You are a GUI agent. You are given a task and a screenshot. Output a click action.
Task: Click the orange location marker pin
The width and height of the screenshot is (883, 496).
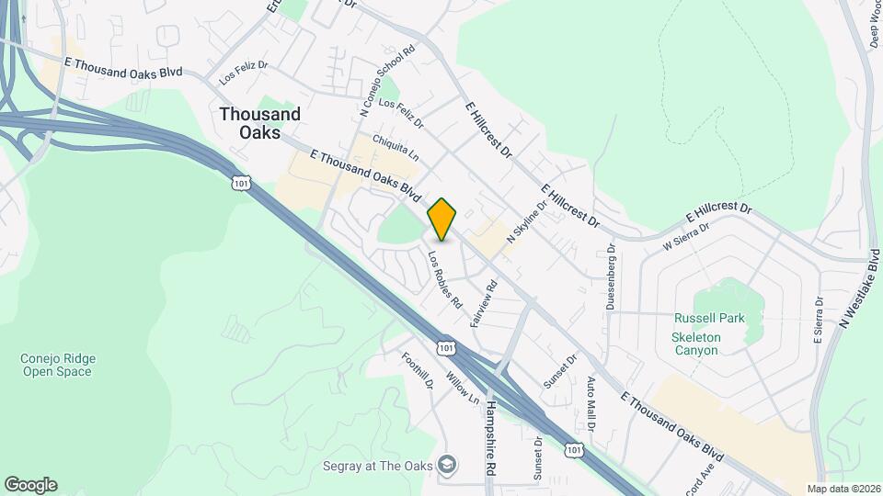click(x=442, y=220)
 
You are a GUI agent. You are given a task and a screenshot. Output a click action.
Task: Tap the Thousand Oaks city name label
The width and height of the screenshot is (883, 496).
click(x=259, y=123)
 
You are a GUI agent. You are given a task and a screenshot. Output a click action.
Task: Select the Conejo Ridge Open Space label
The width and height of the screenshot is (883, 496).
click(x=57, y=365)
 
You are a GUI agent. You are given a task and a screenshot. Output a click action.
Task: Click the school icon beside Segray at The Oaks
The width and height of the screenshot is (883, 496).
click(x=447, y=465)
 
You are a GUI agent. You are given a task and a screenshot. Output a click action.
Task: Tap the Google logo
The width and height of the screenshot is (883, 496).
click(x=30, y=485)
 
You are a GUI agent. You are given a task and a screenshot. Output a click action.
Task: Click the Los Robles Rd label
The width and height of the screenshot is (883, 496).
click(x=444, y=280)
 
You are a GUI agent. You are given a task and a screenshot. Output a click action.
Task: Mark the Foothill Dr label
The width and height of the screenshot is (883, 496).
click(x=417, y=368)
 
